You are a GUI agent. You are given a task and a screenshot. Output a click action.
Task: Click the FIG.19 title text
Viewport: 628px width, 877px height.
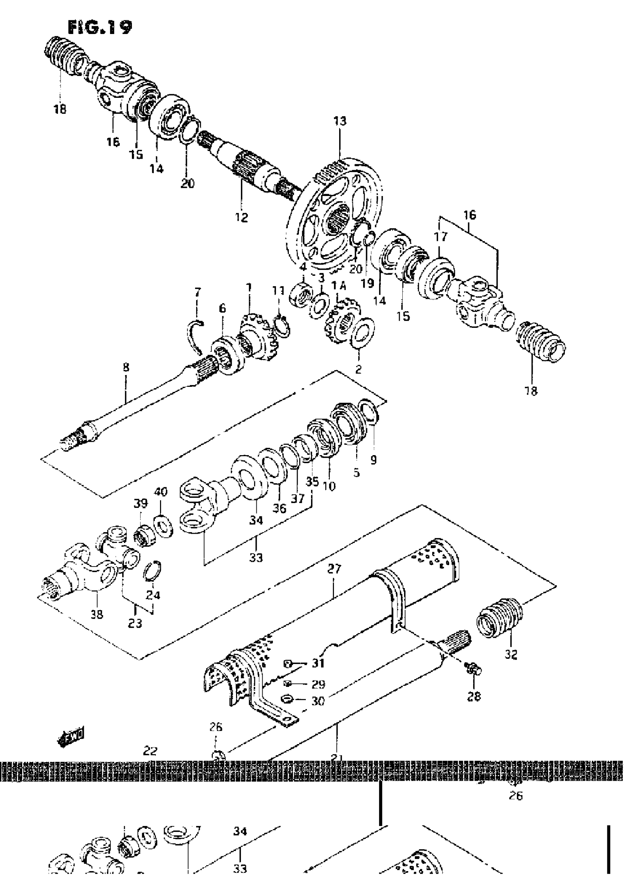100,28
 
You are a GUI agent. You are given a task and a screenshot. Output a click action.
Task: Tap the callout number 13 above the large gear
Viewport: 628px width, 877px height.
340,121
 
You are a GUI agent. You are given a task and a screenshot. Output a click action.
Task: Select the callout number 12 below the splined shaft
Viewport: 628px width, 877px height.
241,217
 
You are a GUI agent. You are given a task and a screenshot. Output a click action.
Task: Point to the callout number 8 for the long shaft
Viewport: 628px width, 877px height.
126,367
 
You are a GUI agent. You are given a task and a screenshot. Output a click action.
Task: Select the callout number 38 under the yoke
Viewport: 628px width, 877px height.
97,614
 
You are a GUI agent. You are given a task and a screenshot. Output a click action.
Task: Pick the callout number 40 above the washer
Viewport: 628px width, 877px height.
160,492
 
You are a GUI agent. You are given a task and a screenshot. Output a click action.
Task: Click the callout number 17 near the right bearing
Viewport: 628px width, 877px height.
441,237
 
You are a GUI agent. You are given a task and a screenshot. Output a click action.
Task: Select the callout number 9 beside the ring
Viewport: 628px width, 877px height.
373,460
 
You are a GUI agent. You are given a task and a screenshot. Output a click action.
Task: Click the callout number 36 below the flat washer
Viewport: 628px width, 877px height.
279,508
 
